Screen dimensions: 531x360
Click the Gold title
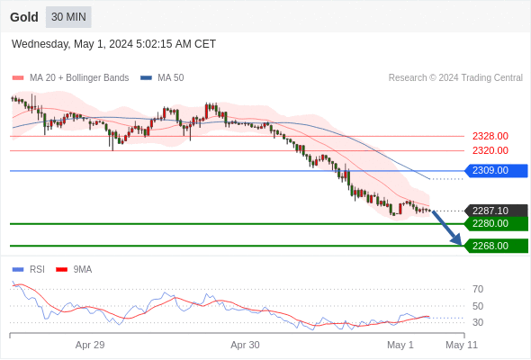(x=24, y=17)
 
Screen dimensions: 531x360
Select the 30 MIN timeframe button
(x=68, y=17)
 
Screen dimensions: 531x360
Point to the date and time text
(x=113, y=44)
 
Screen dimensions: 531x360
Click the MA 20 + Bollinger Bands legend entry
(x=70, y=78)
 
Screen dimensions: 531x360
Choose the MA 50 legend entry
(x=162, y=78)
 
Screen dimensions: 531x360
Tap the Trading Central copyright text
(x=455, y=78)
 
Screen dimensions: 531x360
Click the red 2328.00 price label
(x=490, y=136)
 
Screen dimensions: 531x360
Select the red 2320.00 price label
(x=490, y=150)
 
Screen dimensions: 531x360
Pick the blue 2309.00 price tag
(x=496, y=170)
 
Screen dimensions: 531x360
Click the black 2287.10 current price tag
(x=496, y=211)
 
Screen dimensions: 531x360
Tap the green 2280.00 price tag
(x=496, y=223)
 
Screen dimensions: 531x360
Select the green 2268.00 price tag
(x=496, y=246)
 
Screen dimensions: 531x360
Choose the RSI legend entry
(x=29, y=270)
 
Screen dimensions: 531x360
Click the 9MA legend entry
(x=74, y=270)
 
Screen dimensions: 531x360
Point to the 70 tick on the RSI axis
(x=478, y=289)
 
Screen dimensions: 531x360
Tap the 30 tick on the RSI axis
(x=478, y=322)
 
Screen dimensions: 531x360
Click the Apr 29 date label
(x=90, y=345)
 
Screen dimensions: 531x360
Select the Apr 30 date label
(x=245, y=345)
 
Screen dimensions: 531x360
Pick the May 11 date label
(x=462, y=345)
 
